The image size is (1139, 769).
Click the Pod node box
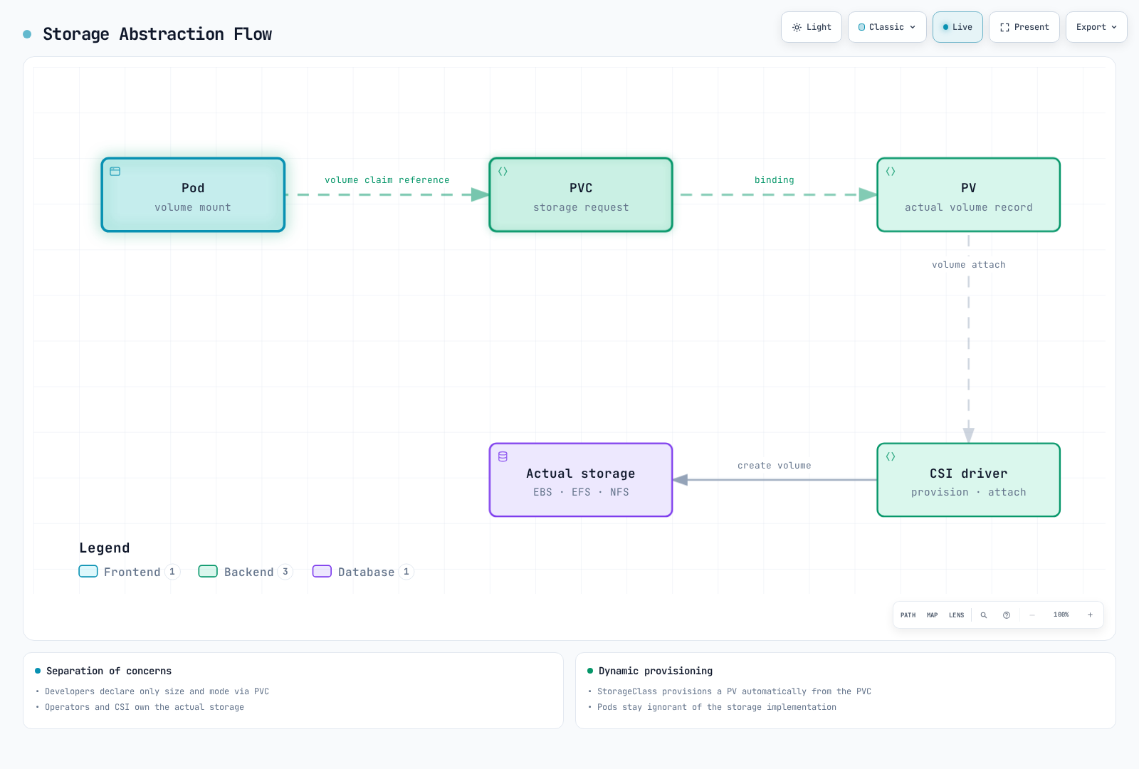coord(193,195)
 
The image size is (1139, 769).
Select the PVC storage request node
coord(581,195)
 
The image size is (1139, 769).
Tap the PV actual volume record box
coord(969,195)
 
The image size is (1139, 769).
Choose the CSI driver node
coord(969,480)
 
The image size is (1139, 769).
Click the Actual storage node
coord(581,480)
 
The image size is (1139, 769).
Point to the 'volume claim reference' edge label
coord(387,180)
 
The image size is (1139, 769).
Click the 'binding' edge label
coord(774,180)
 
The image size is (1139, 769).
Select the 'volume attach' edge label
coord(969,264)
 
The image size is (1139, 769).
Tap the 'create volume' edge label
coord(774,466)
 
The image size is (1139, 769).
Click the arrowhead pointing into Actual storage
coord(681,480)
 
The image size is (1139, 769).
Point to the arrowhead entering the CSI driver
coord(969,435)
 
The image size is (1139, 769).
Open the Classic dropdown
coord(887,27)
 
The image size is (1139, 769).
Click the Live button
coord(957,27)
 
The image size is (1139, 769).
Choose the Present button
coord(1024,27)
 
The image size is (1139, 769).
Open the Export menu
coord(1096,27)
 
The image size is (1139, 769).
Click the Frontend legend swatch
coord(88,571)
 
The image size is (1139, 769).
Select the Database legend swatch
coord(322,571)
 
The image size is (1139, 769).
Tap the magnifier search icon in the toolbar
coord(983,615)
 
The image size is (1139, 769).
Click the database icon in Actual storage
coord(503,456)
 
